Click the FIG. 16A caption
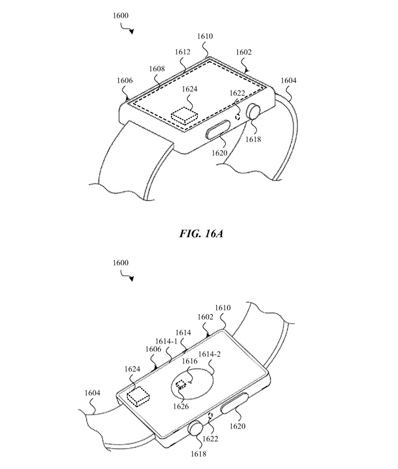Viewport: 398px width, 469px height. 201,234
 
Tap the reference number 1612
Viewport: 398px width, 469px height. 183,52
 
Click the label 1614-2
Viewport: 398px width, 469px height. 209,354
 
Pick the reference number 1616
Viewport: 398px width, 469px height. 189,361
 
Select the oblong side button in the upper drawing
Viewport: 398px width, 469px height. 220,128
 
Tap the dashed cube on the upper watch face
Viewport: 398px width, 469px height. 184,114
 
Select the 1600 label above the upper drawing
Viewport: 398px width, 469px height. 121,16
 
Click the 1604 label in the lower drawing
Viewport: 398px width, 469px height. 93,393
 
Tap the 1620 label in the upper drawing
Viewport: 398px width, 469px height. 219,153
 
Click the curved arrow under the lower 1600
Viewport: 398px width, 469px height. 128,276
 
